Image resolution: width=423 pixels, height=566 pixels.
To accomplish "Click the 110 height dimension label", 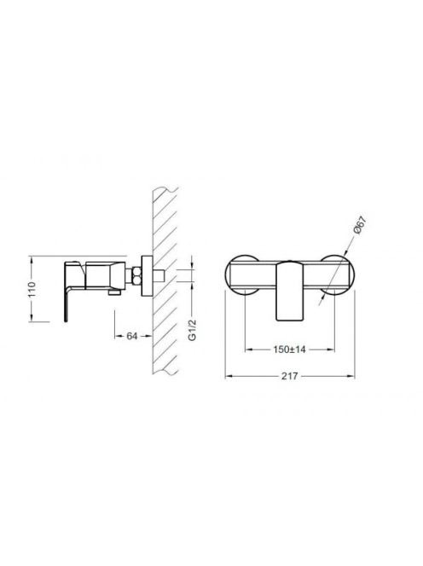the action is (x=32, y=289).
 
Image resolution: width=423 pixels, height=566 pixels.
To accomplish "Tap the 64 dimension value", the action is (x=132, y=336).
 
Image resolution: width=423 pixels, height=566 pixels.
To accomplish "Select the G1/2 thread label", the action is (x=192, y=330).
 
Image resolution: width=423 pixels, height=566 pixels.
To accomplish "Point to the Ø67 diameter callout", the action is (x=360, y=225).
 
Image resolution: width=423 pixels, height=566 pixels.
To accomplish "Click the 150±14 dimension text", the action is (x=289, y=349).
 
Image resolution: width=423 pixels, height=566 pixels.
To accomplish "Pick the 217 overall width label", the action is (x=289, y=376).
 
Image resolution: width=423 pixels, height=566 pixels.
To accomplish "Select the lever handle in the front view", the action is (x=288, y=291).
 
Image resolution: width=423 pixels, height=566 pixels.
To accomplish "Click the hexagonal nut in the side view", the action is (x=136, y=276).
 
